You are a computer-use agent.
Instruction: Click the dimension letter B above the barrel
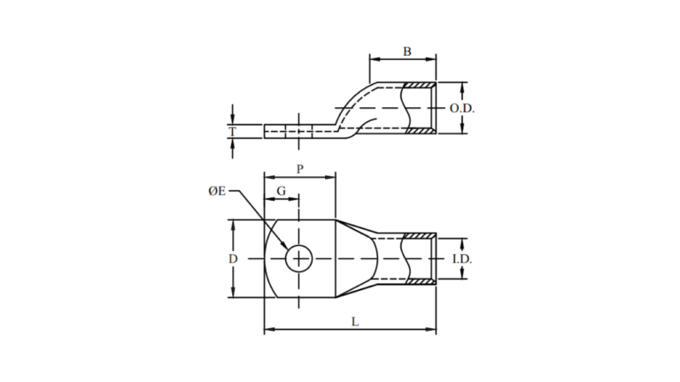click(x=406, y=51)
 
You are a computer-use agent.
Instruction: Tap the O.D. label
click(x=462, y=109)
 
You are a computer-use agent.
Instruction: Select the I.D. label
click(x=460, y=258)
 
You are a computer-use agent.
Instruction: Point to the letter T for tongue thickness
click(x=233, y=133)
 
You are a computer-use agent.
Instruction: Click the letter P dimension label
click(x=300, y=169)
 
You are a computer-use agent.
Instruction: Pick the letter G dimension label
click(x=281, y=191)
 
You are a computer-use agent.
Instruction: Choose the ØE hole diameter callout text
click(x=215, y=191)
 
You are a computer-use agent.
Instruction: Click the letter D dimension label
click(x=233, y=258)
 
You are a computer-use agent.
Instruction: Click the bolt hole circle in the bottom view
click(x=300, y=258)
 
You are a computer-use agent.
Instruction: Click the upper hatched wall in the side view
click(x=419, y=86)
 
